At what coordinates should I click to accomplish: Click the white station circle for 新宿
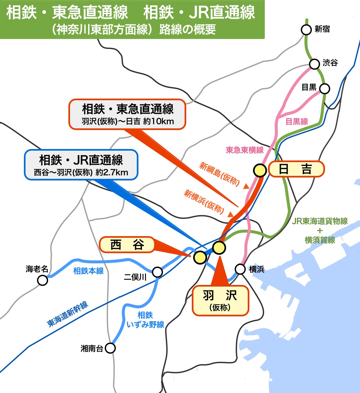[x=306, y=30]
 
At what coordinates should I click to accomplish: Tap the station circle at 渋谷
[x=314, y=64]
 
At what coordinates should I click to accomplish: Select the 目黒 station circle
[x=324, y=88]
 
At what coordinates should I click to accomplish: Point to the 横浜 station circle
[x=240, y=269]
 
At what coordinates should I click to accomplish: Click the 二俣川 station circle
[x=157, y=272]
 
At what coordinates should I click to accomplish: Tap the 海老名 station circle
[x=43, y=280]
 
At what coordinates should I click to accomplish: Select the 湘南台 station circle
[x=111, y=348]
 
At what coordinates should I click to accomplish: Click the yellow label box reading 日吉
[x=296, y=169]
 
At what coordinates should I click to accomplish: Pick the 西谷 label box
[x=127, y=245]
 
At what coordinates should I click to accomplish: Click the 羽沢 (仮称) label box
[x=220, y=301]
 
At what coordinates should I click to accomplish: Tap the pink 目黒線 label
[x=297, y=122]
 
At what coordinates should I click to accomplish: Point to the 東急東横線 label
[x=244, y=150]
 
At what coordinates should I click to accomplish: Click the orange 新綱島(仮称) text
[x=220, y=174]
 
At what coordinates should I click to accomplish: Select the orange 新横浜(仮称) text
[x=204, y=201]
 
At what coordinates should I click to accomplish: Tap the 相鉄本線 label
[x=88, y=271]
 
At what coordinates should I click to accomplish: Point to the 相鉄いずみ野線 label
[x=145, y=320]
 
